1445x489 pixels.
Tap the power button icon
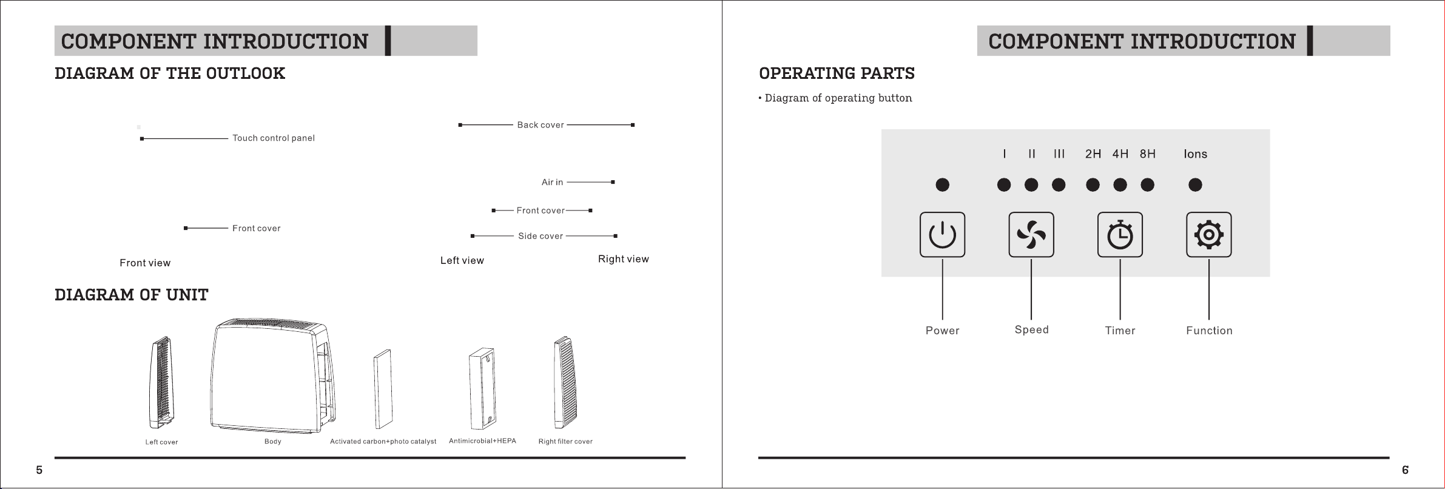(942, 235)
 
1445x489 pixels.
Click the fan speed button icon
(1031, 235)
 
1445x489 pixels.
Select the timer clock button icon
(1120, 235)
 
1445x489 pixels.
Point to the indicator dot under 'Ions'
(1195, 184)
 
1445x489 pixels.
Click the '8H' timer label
(1147, 154)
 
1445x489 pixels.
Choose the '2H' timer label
(1093, 154)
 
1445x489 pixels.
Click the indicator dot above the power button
(942, 184)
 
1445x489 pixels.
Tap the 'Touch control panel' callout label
(274, 138)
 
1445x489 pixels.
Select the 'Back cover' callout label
(541, 125)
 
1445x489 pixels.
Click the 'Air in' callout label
(552, 182)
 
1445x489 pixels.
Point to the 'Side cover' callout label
(541, 236)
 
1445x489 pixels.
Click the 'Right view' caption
(624, 259)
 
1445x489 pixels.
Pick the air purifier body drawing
(272, 376)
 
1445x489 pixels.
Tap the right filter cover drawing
(565, 382)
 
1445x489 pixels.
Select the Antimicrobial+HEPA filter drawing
(483, 386)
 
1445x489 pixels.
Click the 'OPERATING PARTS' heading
(837, 73)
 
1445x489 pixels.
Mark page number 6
(1405, 470)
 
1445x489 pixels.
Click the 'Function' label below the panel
(1209, 331)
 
